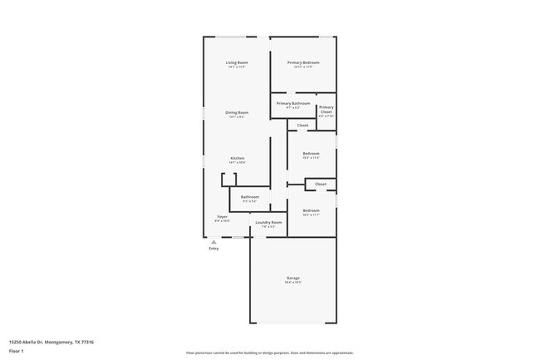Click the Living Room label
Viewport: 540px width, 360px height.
tap(237, 62)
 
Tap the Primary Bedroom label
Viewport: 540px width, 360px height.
tap(303, 62)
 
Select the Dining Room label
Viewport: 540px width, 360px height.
tap(237, 112)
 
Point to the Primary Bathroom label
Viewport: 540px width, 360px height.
tap(293, 103)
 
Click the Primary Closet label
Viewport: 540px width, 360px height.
tap(326, 109)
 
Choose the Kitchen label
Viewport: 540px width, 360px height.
tap(237, 158)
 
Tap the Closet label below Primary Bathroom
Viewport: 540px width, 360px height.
tap(302, 126)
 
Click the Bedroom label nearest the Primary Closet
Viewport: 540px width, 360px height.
tap(311, 153)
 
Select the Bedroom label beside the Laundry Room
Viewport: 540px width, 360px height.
tap(311, 210)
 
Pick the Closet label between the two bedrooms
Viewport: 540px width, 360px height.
tap(320, 184)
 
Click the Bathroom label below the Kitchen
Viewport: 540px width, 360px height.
tap(249, 197)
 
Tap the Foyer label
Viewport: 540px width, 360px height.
tap(223, 216)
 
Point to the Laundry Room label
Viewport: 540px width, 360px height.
tap(268, 222)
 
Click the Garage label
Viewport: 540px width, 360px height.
tap(293, 278)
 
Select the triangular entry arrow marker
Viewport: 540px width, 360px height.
tap(214, 242)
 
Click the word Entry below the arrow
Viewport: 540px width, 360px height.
tap(214, 249)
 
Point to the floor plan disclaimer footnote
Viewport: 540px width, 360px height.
tap(270, 353)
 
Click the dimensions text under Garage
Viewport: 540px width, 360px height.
tap(293, 283)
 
